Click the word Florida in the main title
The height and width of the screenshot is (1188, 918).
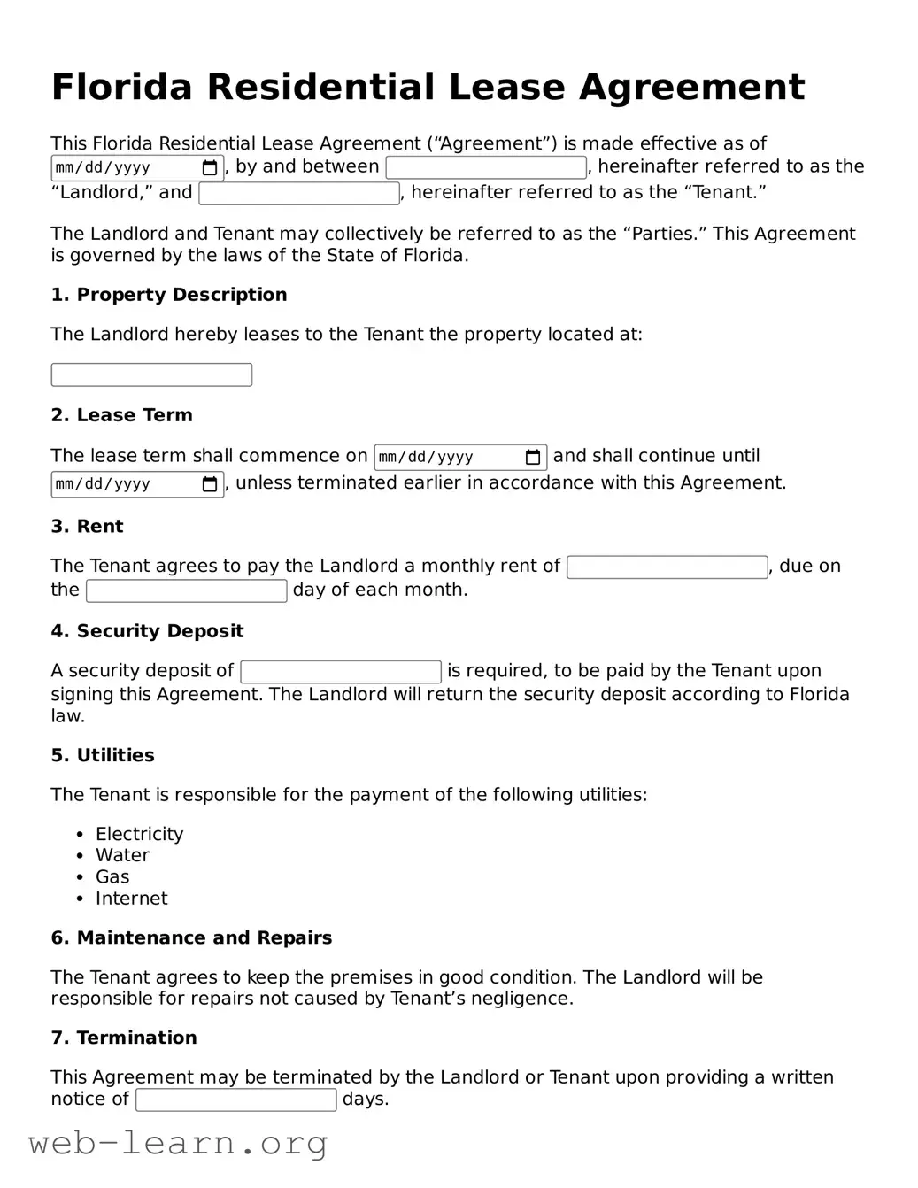pyautogui.click(x=121, y=88)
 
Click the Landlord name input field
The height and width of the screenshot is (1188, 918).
pyautogui.click(x=486, y=167)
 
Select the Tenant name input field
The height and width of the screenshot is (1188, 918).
pyautogui.click(x=299, y=193)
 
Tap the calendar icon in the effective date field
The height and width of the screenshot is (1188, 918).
pyautogui.click(x=210, y=168)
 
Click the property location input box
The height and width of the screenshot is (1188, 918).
pyautogui.click(x=151, y=374)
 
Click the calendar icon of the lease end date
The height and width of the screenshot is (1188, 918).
pyautogui.click(x=210, y=484)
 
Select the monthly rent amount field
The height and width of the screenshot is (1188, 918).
pyautogui.click(x=667, y=567)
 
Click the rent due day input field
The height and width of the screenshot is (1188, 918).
pyautogui.click(x=186, y=590)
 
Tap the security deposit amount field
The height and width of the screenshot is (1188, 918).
pyautogui.click(x=341, y=672)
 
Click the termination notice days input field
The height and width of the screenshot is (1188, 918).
pyautogui.click(x=235, y=1099)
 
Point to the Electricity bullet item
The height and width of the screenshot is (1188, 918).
pyautogui.click(x=139, y=834)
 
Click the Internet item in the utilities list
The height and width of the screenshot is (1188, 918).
pyautogui.click(x=131, y=899)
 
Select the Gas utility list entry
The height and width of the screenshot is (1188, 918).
pyautogui.click(x=112, y=876)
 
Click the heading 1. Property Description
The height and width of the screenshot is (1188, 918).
pyautogui.click(x=168, y=295)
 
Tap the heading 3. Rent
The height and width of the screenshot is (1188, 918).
pyautogui.click(x=87, y=527)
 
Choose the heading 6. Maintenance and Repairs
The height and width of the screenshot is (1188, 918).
pyautogui.click(x=191, y=937)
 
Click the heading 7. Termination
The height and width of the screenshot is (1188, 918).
pyautogui.click(x=124, y=1038)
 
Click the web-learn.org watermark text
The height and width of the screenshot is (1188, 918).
pyautogui.click(x=177, y=1143)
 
